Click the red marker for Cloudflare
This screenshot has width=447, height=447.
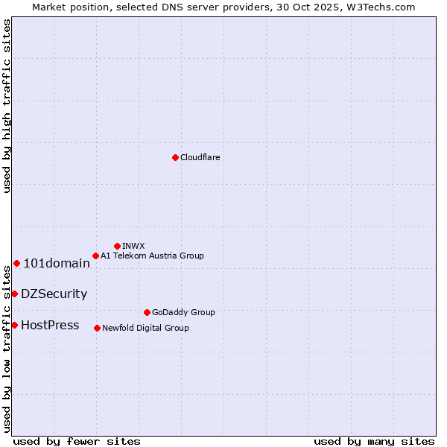click(x=175, y=157)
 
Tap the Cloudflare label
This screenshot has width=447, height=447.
click(x=200, y=157)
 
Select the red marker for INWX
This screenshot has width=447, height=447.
click(x=117, y=246)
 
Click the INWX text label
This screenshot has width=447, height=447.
click(x=133, y=246)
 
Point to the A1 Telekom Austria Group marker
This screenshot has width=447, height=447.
click(x=95, y=256)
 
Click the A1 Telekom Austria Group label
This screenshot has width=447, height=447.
click(x=152, y=256)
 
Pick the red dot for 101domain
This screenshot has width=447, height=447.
click(x=16, y=263)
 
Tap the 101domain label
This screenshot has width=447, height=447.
click(x=57, y=263)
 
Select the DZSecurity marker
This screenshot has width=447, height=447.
click(x=14, y=294)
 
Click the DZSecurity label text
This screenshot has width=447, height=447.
click(x=54, y=294)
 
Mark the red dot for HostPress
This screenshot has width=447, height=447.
click(x=14, y=325)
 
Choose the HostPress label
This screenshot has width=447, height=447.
click(x=50, y=325)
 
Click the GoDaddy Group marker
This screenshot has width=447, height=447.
click(x=147, y=312)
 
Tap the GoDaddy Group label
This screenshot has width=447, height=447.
click(x=183, y=312)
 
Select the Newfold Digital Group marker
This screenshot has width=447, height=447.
click(x=97, y=328)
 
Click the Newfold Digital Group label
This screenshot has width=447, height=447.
click(x=145, y=328)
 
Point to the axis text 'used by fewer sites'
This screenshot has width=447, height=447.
click(x=77, y=441)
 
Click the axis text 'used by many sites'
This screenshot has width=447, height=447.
click(x=374, y=441)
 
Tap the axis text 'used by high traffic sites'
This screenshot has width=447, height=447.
click(x=7, y=106)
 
